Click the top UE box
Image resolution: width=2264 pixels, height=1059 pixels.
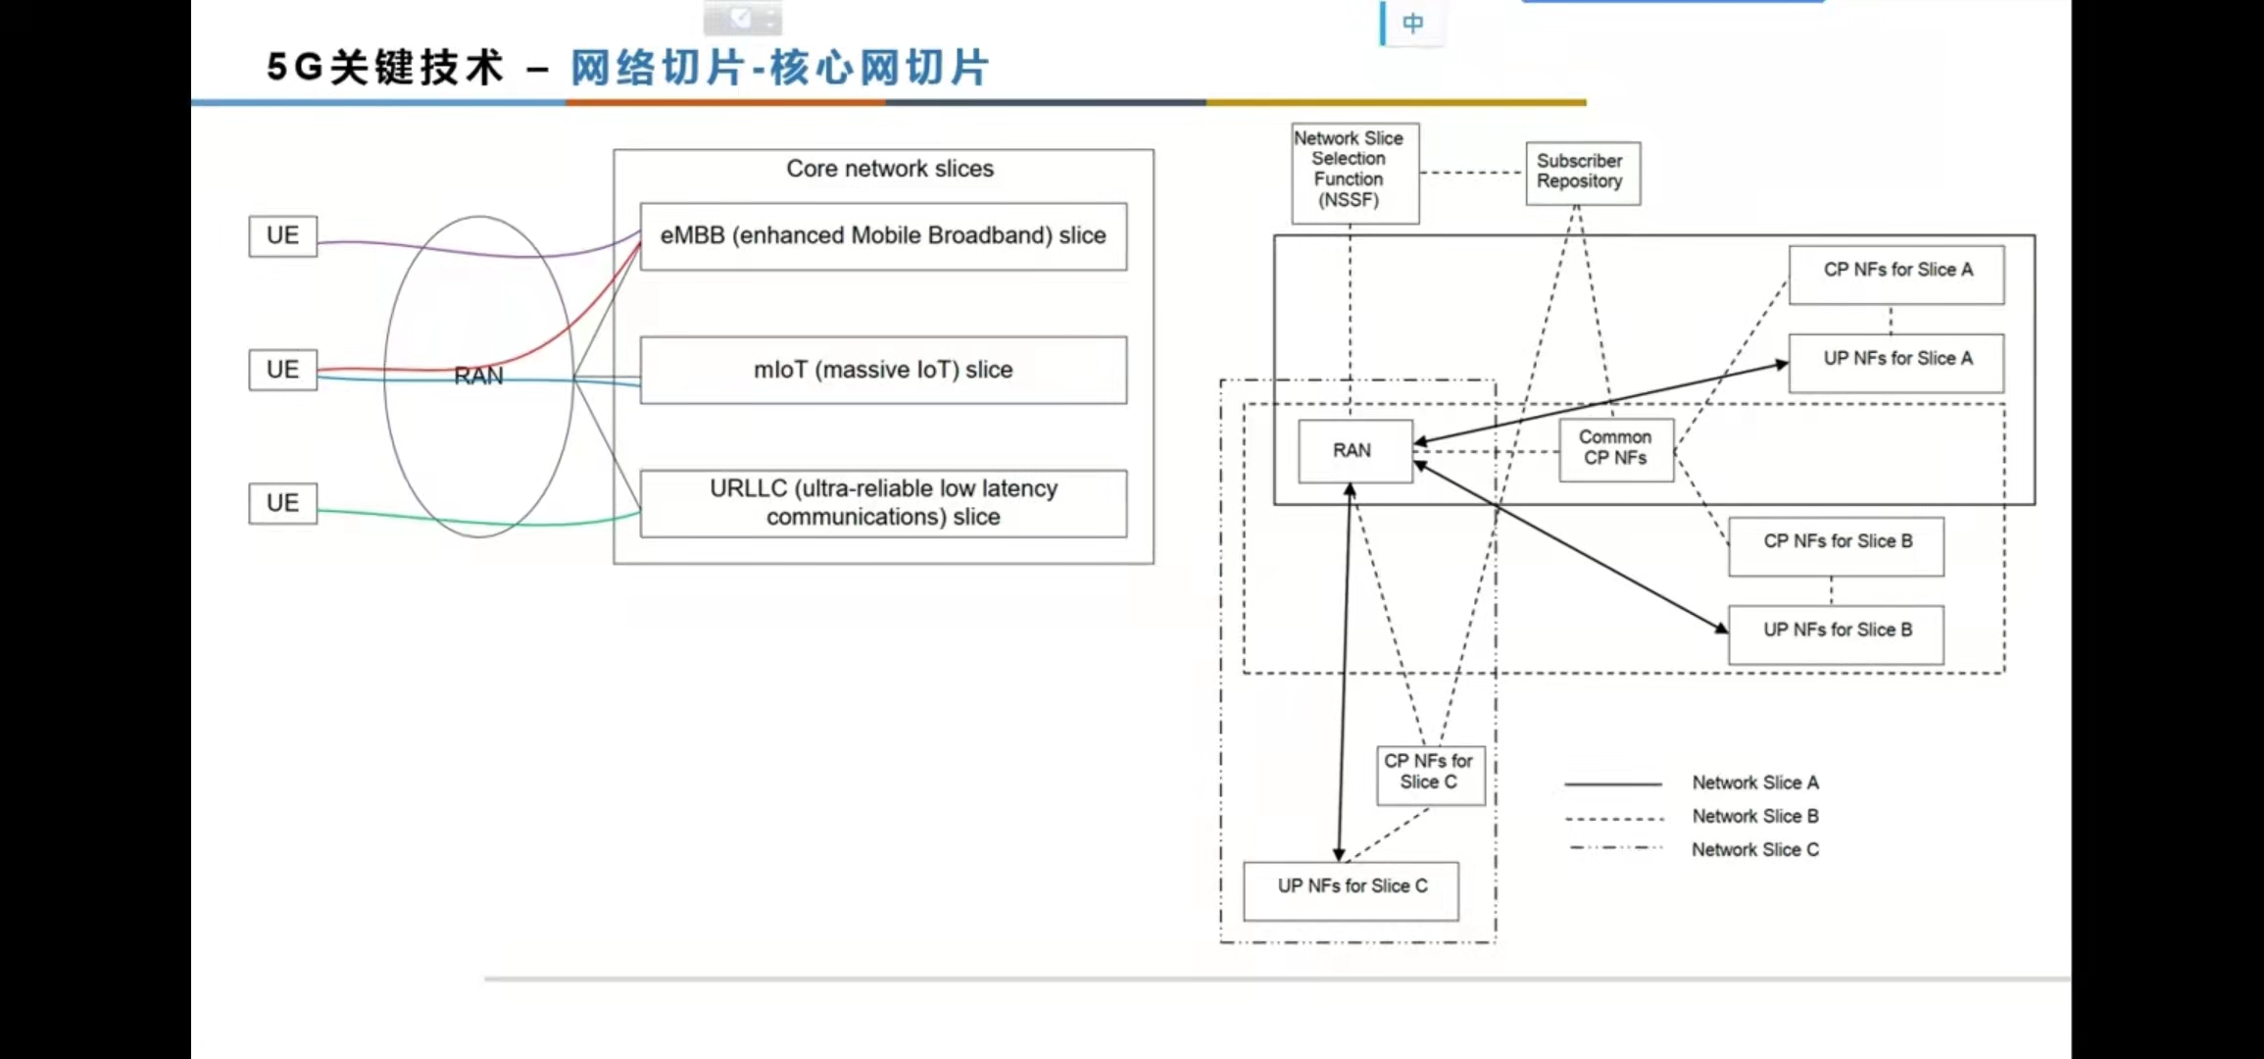(282, 235)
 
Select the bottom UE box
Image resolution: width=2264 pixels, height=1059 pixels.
(282, 503)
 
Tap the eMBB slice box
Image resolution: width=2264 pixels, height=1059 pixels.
(883, 236)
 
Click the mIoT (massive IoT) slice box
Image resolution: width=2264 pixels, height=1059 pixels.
(883, 370)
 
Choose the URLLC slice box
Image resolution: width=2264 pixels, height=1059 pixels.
(883, 503)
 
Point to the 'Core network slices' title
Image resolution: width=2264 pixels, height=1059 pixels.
(889, 169)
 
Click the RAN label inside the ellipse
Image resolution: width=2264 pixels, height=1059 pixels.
(478, 377)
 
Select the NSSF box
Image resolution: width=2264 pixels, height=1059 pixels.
(1354, 173)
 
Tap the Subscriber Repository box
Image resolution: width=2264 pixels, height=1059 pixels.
(1582, 173)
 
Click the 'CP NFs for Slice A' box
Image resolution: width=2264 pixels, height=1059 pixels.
(1896, 275)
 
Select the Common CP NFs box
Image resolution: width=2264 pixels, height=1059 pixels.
(1616, 449)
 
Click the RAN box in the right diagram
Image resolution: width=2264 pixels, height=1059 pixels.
(1354, 451)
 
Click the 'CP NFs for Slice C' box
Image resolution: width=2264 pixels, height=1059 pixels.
(1430, 775)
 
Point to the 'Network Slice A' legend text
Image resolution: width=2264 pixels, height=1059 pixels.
(1754, 782)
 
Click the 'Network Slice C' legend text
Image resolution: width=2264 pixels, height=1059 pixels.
(1754, 849)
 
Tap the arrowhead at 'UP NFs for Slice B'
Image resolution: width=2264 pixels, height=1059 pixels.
(1722, 629)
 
